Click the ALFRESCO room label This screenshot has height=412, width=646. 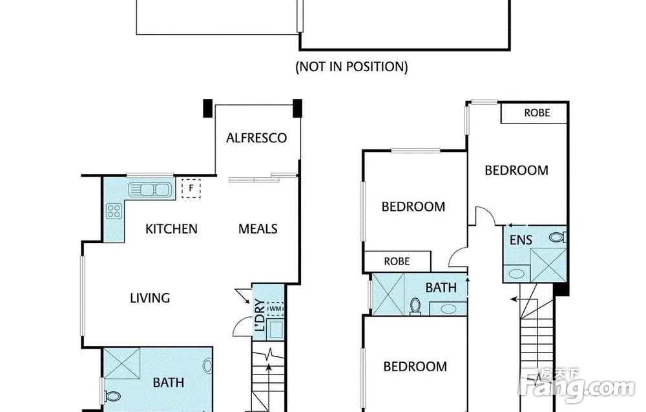[256, 138]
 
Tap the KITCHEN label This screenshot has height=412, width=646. [171, 229]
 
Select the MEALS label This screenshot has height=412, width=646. [258, 229]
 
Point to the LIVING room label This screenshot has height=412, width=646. [150, 298]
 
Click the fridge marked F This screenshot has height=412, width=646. [191, 188]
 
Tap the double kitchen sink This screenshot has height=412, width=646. [150, 190]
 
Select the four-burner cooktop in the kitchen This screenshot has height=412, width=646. [114, 211]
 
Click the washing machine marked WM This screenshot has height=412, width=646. [275, 309]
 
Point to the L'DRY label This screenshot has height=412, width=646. [260, 315]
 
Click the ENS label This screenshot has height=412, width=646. [521, 240]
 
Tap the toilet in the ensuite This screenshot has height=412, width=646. [558, 237]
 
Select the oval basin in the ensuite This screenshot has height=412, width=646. [517, 274]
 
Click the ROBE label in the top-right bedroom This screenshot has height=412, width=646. [537, 113]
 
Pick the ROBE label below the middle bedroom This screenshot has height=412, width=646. [397, 261]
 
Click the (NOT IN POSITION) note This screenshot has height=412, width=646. [352, 67]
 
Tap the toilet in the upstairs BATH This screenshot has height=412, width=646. [415, 307]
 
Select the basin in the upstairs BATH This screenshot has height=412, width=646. [448, 309]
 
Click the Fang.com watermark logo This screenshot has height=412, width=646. [577, 385]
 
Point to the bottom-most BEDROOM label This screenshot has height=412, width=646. [415, 367]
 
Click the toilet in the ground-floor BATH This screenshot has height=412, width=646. [110, 396]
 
